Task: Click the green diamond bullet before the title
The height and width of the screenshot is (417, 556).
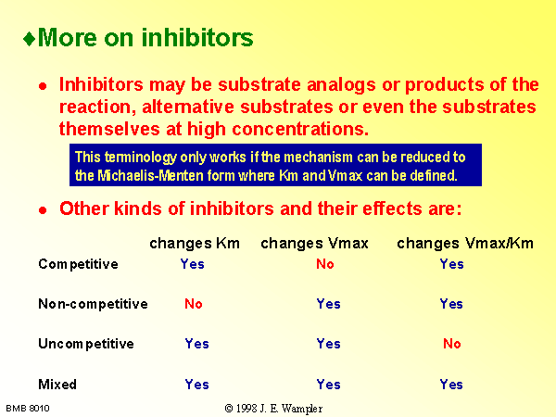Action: point(29,39)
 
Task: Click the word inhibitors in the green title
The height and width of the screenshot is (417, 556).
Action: point(197,37)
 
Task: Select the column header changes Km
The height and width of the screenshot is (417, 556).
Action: point(195,244)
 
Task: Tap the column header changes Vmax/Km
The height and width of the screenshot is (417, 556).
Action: point(465,244)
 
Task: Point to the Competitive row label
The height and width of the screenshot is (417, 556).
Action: point(79,264)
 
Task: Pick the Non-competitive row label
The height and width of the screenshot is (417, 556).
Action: point(93,304)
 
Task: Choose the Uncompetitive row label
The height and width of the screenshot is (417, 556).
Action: point(86,344)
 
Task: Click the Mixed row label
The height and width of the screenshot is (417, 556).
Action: point(57,385)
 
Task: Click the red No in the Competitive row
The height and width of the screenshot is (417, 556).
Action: point(325,264)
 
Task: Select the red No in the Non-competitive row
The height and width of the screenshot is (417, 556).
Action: point(194,304)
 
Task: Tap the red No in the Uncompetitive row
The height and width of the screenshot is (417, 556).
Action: point(452,344)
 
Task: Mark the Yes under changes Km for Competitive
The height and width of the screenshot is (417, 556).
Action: point(192,264)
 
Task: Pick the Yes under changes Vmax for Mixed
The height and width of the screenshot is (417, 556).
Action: point(328,385)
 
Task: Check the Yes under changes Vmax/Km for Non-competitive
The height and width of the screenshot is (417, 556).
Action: point(451,304)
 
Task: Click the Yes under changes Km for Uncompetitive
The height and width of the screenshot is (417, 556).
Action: point(196,344)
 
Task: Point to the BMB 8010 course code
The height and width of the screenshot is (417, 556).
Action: point(28,409)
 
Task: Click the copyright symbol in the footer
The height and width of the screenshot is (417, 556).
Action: point(229,409)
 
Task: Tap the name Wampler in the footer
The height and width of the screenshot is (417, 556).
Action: point(302,409)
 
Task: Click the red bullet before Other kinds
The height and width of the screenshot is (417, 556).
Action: point(43,210)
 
